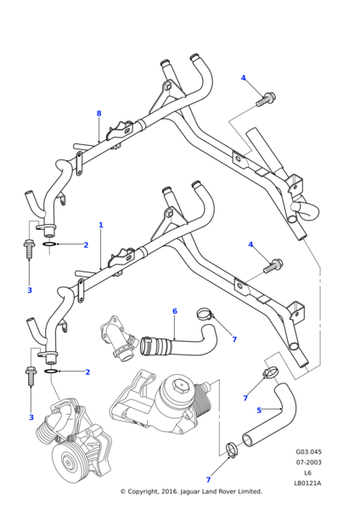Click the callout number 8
tap(98, 114)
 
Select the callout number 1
tap(100, 225)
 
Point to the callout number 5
tap(259, 411)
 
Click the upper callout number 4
tap(243, 78)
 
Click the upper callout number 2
tap(86, 245)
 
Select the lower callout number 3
tap(31, 417)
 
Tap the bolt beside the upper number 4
tap(265, 100)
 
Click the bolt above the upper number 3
tap(28, 249)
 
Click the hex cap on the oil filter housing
tap(179, 388)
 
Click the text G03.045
tap(308, 452)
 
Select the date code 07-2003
tap(308, 462)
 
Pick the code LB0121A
tap(308, 483)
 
